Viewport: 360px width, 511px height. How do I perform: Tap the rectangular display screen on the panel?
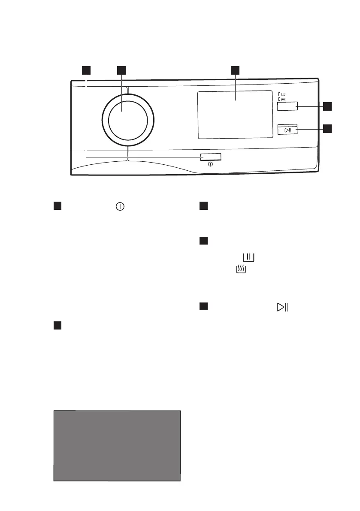coord(235,115)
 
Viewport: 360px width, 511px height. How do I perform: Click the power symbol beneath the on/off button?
coord(211,164)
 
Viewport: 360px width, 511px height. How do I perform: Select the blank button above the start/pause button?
coord(287,106)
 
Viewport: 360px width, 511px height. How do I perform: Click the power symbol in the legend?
coord(119,206)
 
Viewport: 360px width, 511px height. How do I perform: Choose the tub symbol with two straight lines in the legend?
coord(248,257)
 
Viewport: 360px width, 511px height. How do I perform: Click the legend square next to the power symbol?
coord(58,206)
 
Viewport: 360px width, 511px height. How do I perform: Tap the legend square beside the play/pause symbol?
coord(204,307)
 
